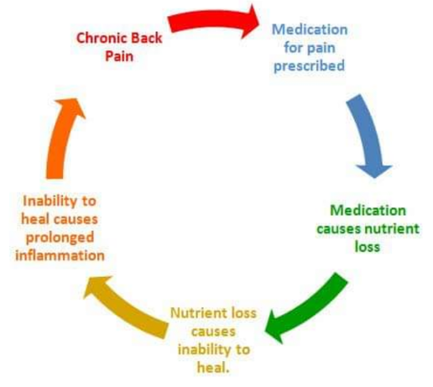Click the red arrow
coord(212,20)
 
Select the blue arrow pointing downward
coord(368,134)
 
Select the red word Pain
coord(119,56)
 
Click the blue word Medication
coord(310,29)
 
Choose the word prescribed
coord(309,66)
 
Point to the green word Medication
coord(368,211)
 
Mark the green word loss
coord(368,247)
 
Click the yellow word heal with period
coord(213,368)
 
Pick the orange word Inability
coord(48,201)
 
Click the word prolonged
coord(60,238)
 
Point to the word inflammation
coord(60,256)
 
